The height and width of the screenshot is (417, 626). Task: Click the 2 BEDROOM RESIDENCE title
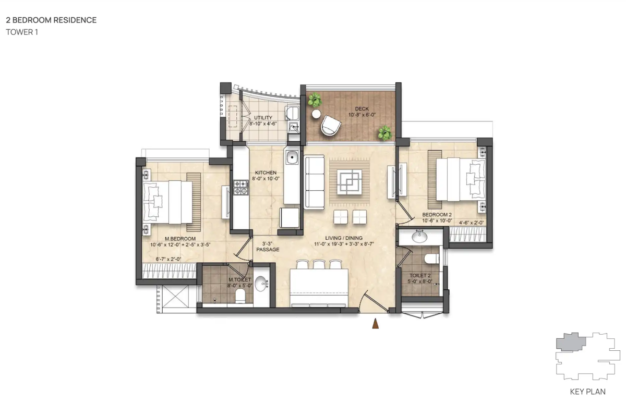click(51, 20)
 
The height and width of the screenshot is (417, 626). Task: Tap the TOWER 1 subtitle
click(22, 32)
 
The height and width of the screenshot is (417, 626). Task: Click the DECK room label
click(362, 108)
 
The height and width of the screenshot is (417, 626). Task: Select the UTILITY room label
click(263, 118)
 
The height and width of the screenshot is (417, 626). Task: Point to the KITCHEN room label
click(266, 173)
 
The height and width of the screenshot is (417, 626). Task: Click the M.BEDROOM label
click(180, 239)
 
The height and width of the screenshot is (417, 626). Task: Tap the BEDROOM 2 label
click(437, 215)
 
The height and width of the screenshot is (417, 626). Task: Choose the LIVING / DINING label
click(344, 238)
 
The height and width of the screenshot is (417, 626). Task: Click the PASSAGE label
click(268, 249)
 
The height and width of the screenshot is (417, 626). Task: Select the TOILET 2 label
click(420, 276)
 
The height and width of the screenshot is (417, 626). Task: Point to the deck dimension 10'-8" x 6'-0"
click(362, 115)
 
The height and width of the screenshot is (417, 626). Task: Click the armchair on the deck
click(331, 126)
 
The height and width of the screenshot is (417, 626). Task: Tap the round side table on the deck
click(316, 114)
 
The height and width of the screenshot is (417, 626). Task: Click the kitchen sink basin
click(292, 157)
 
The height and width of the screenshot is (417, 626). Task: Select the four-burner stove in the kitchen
click(241, 187)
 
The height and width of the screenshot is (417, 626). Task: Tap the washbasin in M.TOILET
click(261, 284)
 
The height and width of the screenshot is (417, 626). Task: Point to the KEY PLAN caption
click(588, 392)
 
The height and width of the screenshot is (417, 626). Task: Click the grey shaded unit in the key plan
click(570, 342)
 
